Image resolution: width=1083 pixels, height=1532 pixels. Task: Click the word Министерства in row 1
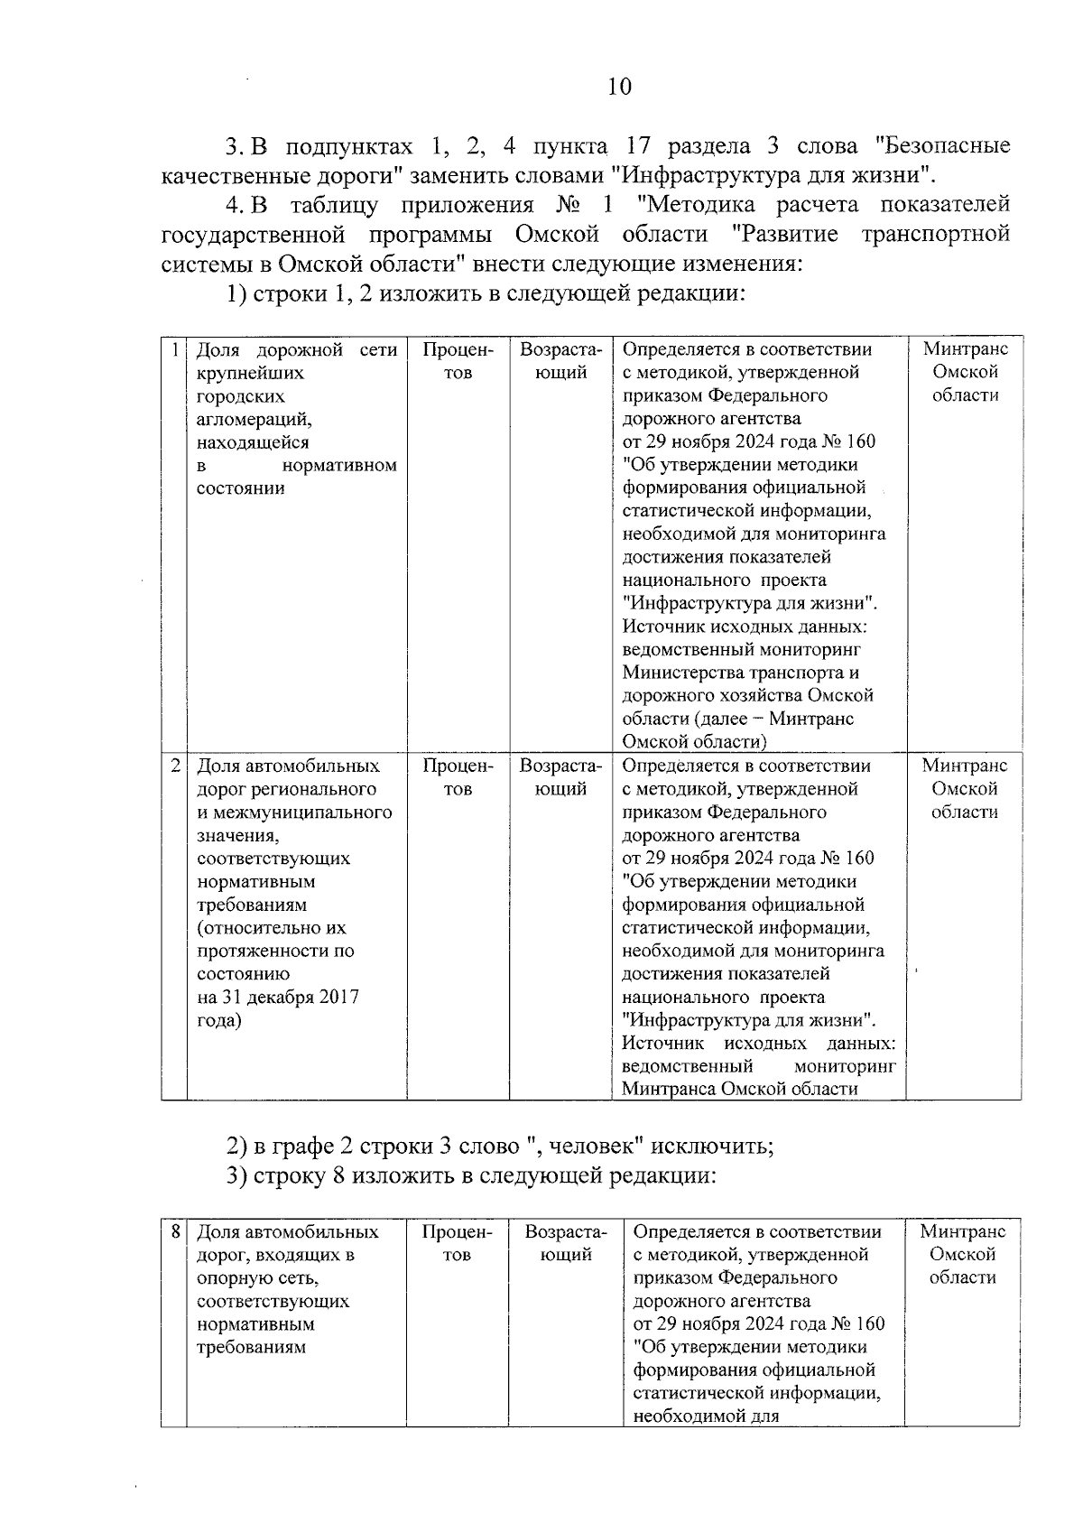683,673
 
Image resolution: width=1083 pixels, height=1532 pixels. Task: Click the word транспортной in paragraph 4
935,235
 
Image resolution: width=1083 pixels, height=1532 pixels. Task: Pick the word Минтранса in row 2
668,1089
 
